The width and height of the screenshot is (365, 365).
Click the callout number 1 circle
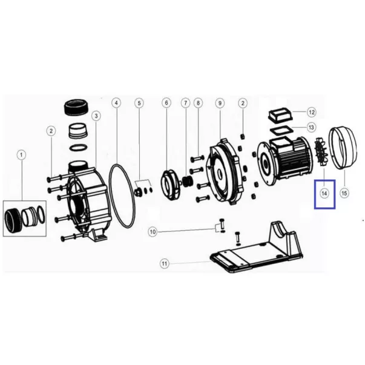[21, 155]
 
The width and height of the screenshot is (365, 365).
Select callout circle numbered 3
[96, 116]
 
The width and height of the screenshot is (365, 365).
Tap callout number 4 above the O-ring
[116, 103]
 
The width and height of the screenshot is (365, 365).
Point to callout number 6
[166, 103]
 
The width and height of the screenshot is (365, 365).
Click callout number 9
[220, 103]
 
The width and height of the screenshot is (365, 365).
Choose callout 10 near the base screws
[153, 232]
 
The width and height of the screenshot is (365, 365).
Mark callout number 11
[165, 264]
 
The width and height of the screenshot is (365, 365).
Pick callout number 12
[312, 113]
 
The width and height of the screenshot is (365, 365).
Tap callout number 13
[311, 128]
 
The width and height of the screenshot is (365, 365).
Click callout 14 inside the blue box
[324, 193]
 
